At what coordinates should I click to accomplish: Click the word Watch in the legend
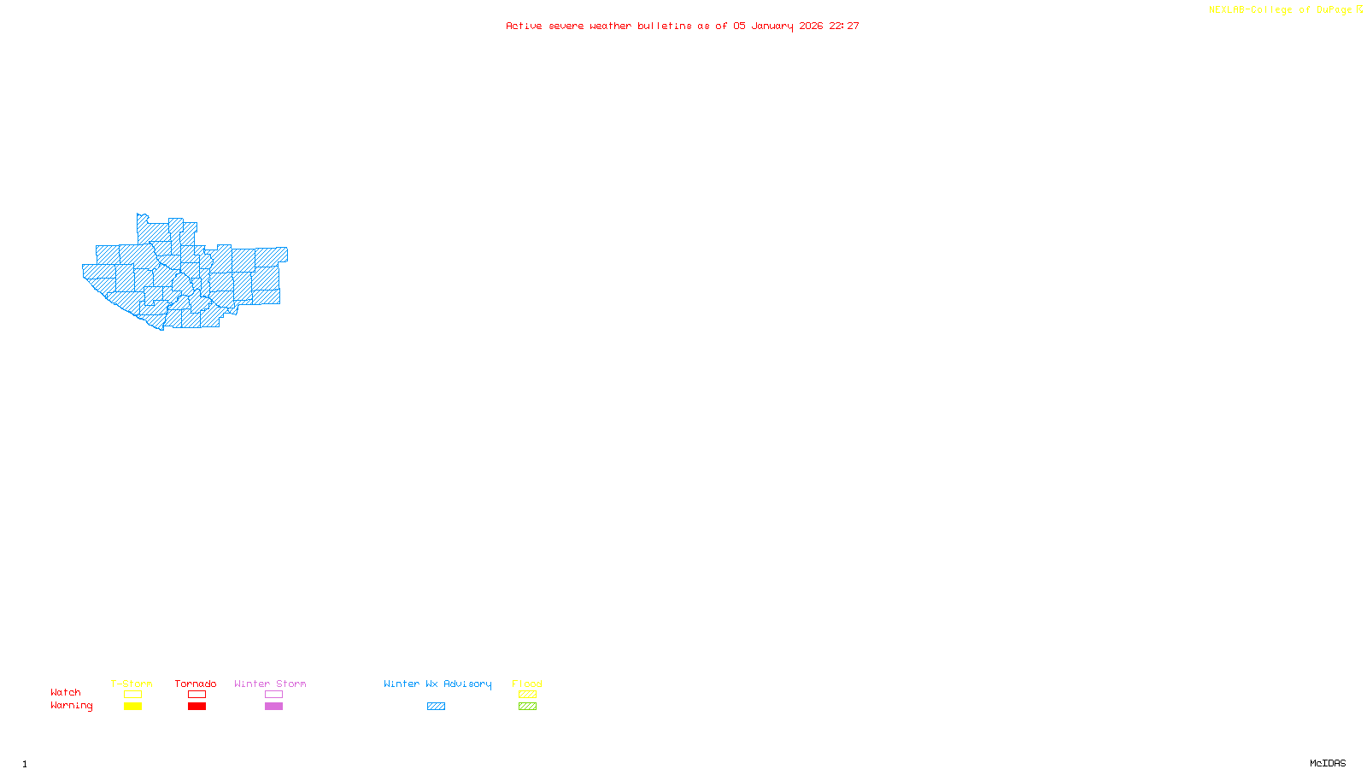tap(66, 693)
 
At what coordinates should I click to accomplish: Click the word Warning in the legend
tap(72, 706)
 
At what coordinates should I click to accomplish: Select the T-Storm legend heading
tap(132, 684)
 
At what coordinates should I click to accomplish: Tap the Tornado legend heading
tap(196, 684)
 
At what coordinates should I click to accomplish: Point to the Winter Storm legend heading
tap(270, 684)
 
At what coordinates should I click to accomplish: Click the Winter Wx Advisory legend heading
tap(437, 684)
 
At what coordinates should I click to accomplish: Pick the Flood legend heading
tap(527, 684)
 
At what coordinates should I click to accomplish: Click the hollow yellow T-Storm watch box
tap(132, 695)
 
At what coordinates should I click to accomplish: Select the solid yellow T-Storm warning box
tap(132, 707)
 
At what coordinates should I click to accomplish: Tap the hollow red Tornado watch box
tap(197, 695)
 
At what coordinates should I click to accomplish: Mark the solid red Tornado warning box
tap(197, 707)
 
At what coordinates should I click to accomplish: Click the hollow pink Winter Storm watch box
tap(273, 695)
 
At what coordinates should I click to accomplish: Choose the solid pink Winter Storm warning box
tap(273, 707)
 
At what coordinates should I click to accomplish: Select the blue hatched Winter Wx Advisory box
tap(436, 707)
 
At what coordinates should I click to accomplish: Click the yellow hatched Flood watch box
tap(527, 695)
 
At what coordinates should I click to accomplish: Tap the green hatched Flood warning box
tap(527, 707)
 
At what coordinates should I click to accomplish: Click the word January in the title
tap(772, 26)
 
